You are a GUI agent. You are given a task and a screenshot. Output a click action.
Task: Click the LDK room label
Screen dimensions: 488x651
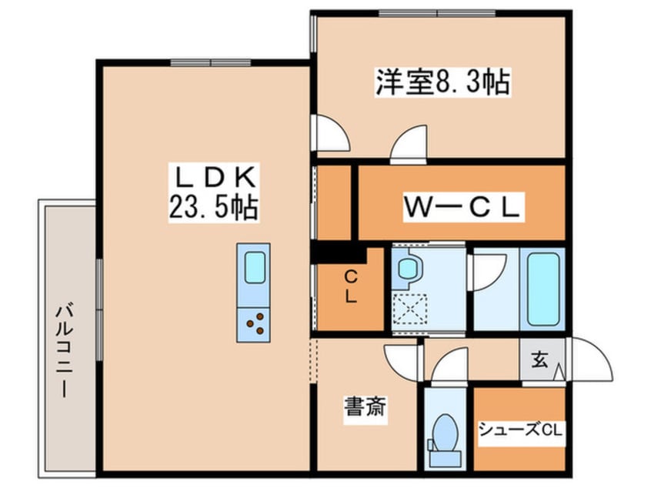pos(212,179)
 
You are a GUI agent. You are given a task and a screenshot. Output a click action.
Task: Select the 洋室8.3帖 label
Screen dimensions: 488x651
pos(442,82)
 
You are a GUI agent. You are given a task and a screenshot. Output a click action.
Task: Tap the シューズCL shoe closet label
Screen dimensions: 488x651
pos(521,430)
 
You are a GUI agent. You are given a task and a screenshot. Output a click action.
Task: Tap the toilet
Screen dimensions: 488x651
pos(444,435)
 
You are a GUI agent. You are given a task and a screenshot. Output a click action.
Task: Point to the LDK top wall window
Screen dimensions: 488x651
pos(204,63)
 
